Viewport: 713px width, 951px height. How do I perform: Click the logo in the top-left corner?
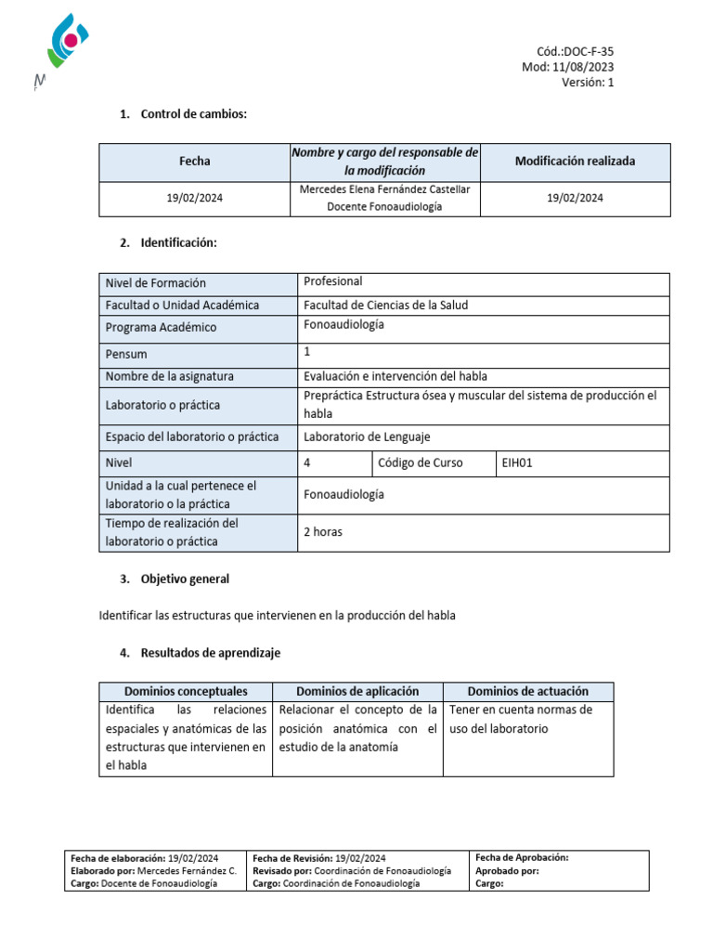coord(65,45)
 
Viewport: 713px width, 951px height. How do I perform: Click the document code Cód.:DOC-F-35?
coord(575,52)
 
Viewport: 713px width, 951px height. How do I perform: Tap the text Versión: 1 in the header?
coord(587,82)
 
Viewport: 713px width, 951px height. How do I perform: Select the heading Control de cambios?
coord(194,114)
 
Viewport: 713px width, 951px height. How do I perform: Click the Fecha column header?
coord(194,162)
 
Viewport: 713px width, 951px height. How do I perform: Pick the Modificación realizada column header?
coord(575,162)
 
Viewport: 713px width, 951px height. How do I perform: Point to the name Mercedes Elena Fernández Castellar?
coord(385,189)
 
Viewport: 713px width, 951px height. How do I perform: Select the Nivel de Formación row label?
coord(156,283)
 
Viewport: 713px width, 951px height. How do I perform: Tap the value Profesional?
coord(333,281)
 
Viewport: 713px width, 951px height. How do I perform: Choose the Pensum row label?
coord(126,354)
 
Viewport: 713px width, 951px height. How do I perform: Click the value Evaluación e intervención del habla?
coord(395,376)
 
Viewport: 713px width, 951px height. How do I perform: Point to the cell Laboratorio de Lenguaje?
coord(367,437)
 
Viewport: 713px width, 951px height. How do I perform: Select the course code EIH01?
coord(517,462)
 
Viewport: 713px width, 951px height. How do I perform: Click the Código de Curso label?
coord(420,462)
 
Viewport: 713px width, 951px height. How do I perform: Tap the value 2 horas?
coord(323,533)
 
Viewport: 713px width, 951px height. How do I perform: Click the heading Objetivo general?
coord(185,579)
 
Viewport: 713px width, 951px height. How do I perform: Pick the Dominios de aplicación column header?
coord(357,692)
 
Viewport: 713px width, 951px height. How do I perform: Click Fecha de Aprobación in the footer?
coord(521,858)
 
